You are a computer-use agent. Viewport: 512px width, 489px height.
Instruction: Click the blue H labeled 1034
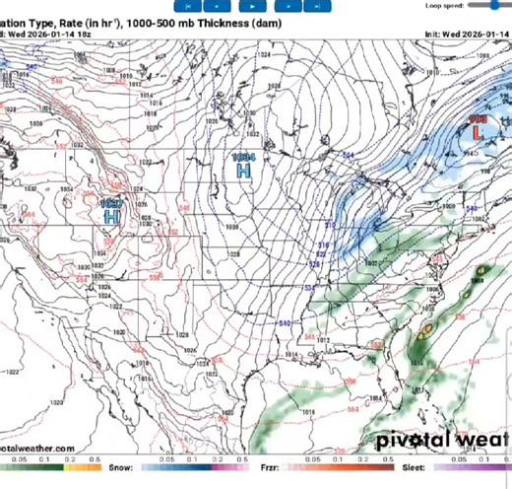(x=243, y=171)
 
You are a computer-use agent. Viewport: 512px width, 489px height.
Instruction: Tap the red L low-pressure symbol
(x=479, y=130)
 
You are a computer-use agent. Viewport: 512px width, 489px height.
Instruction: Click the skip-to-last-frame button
(x=314, y=5)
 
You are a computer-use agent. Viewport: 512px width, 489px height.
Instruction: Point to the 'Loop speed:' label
(x=444, y=5)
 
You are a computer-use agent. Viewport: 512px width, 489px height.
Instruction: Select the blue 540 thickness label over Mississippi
(x=284, y=323)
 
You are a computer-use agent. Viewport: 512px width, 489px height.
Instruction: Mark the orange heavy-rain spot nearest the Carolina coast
(x=427, y=330)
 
